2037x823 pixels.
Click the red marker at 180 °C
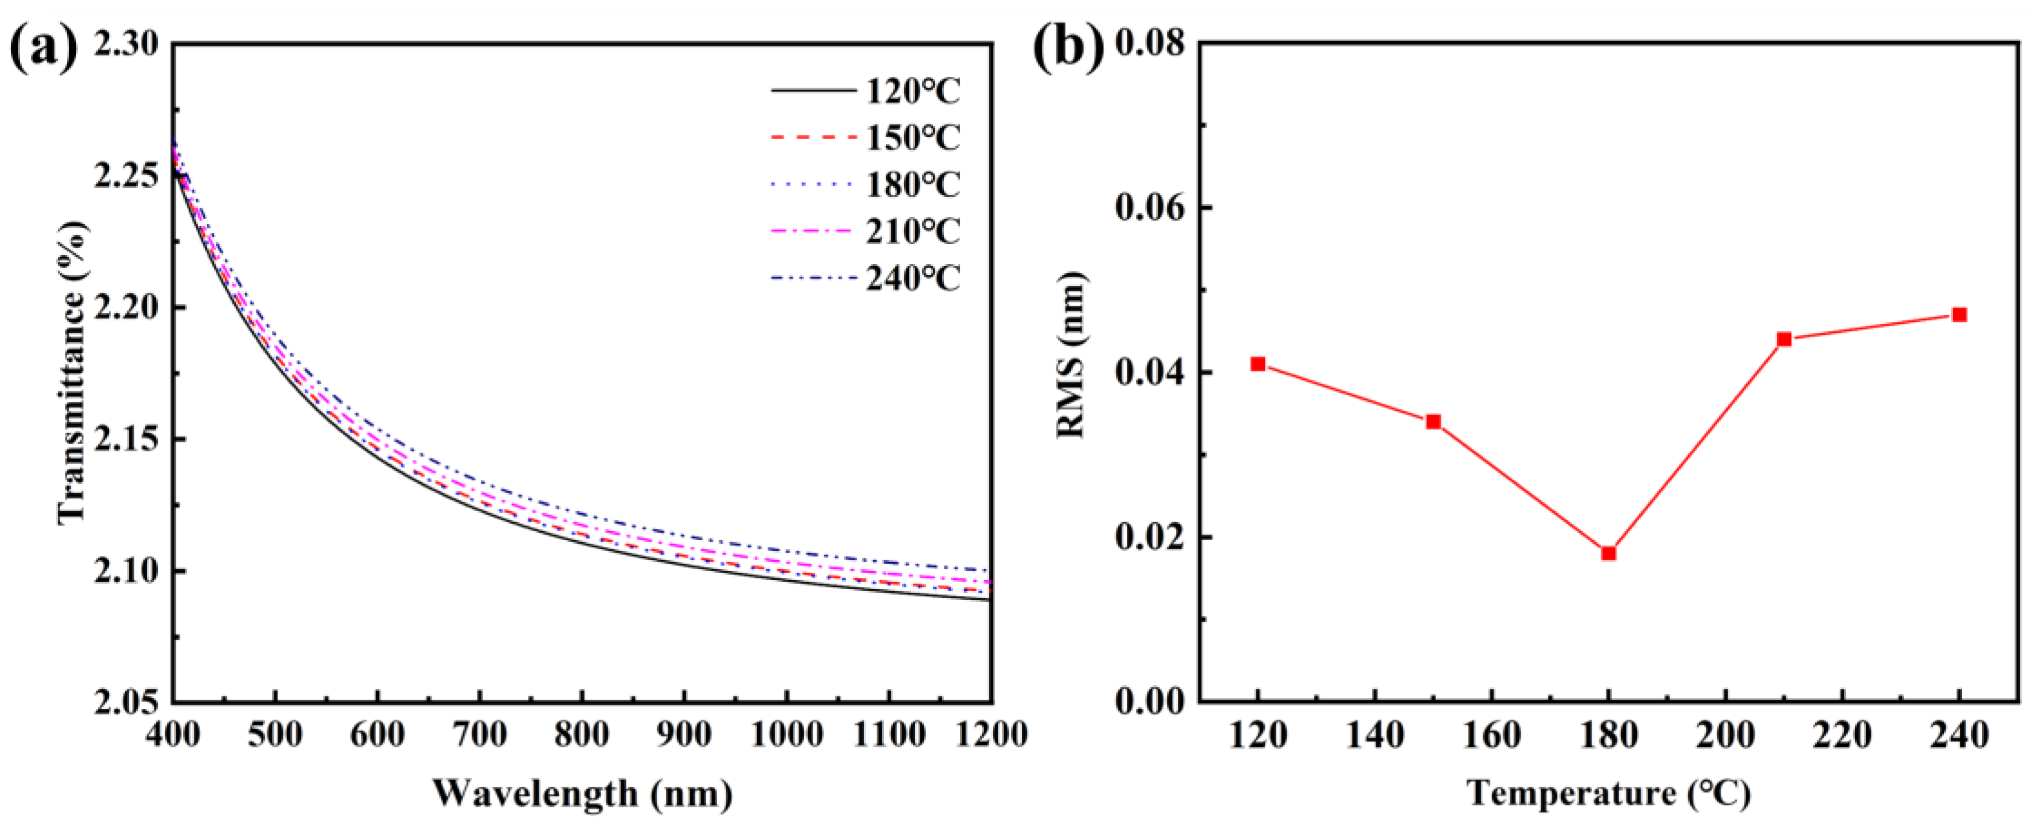1608,553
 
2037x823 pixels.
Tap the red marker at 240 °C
1960,315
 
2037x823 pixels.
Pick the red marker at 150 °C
1434,421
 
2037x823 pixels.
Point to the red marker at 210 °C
1784,339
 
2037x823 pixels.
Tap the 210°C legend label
912,231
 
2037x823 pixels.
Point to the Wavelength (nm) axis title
582,793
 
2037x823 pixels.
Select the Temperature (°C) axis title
1608,793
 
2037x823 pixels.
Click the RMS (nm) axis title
1071,354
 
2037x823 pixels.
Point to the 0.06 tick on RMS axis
1151,208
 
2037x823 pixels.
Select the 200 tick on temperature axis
1726,736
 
